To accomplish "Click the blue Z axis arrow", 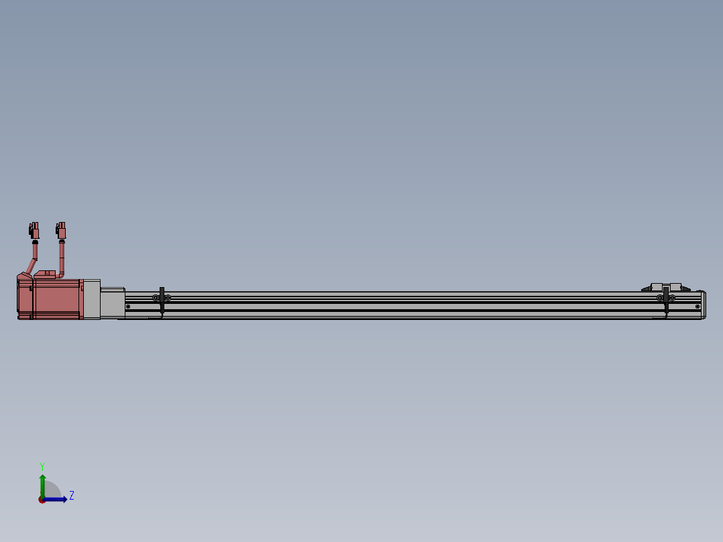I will point(58,499).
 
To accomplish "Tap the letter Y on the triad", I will point(42,465).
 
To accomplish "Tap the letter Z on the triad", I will point(71,496).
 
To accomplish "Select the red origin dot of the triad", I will point(42,500).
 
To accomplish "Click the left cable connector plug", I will point(34,231).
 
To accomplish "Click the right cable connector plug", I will point(62,231).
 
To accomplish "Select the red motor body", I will point(57,299).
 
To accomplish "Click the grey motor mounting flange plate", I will point(92,299).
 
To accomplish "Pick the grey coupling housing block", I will point(113,303).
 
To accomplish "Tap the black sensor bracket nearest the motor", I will point(162,301).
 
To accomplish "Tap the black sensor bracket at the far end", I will point(666,301).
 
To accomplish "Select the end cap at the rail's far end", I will point(703,305).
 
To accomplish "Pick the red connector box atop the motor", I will point(46,274).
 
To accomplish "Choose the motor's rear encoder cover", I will point(25,299).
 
